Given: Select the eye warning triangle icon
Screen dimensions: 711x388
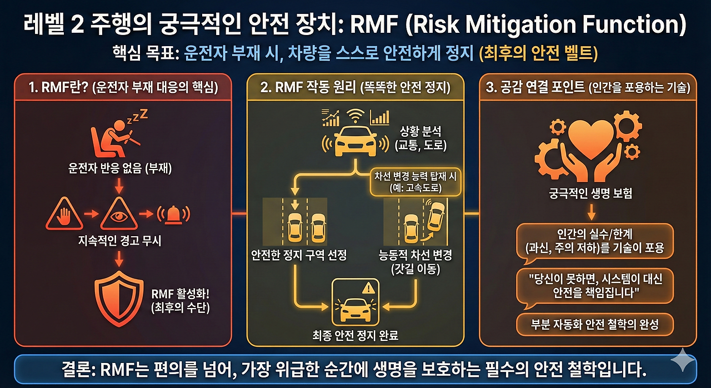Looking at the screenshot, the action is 118,214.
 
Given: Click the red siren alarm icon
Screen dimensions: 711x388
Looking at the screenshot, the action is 173,214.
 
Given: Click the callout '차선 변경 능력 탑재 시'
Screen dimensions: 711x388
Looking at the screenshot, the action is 415,177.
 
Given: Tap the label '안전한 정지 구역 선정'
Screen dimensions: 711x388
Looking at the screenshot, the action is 298,255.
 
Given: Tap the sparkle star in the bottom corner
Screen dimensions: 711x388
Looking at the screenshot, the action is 682,362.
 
